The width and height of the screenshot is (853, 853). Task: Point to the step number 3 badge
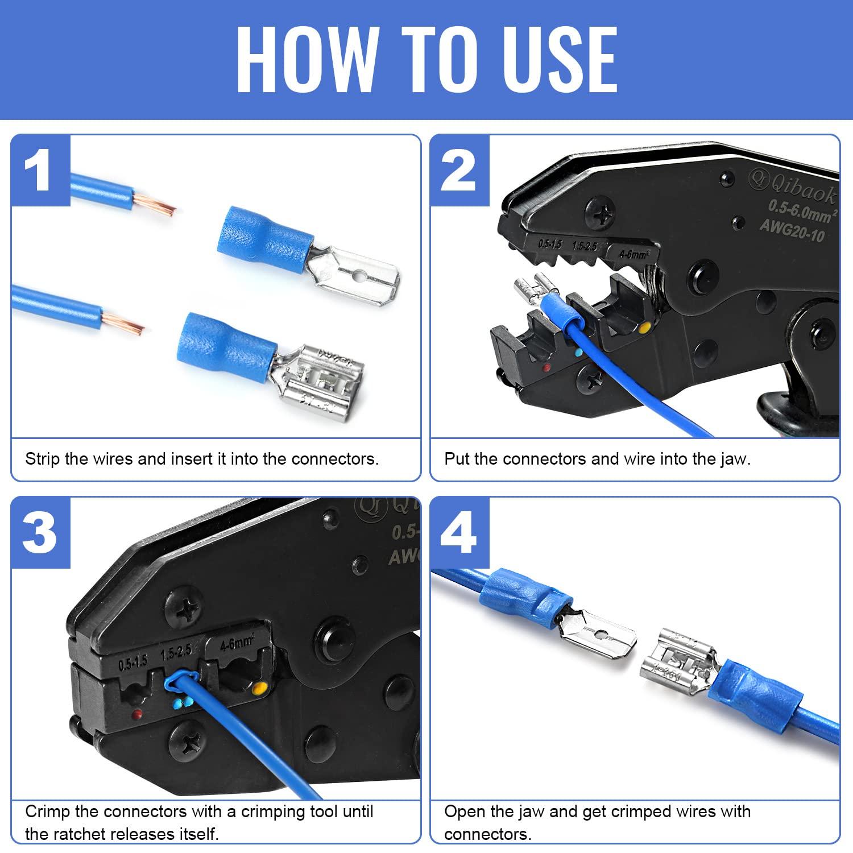click(40, 533)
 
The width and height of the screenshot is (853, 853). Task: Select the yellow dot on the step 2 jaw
click(644, 328)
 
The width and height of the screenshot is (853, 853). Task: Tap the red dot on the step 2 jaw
click(546, 368)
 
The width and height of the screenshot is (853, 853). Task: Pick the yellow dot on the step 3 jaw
click(259, 690)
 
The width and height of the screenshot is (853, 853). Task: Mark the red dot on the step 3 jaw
click(136, 713)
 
